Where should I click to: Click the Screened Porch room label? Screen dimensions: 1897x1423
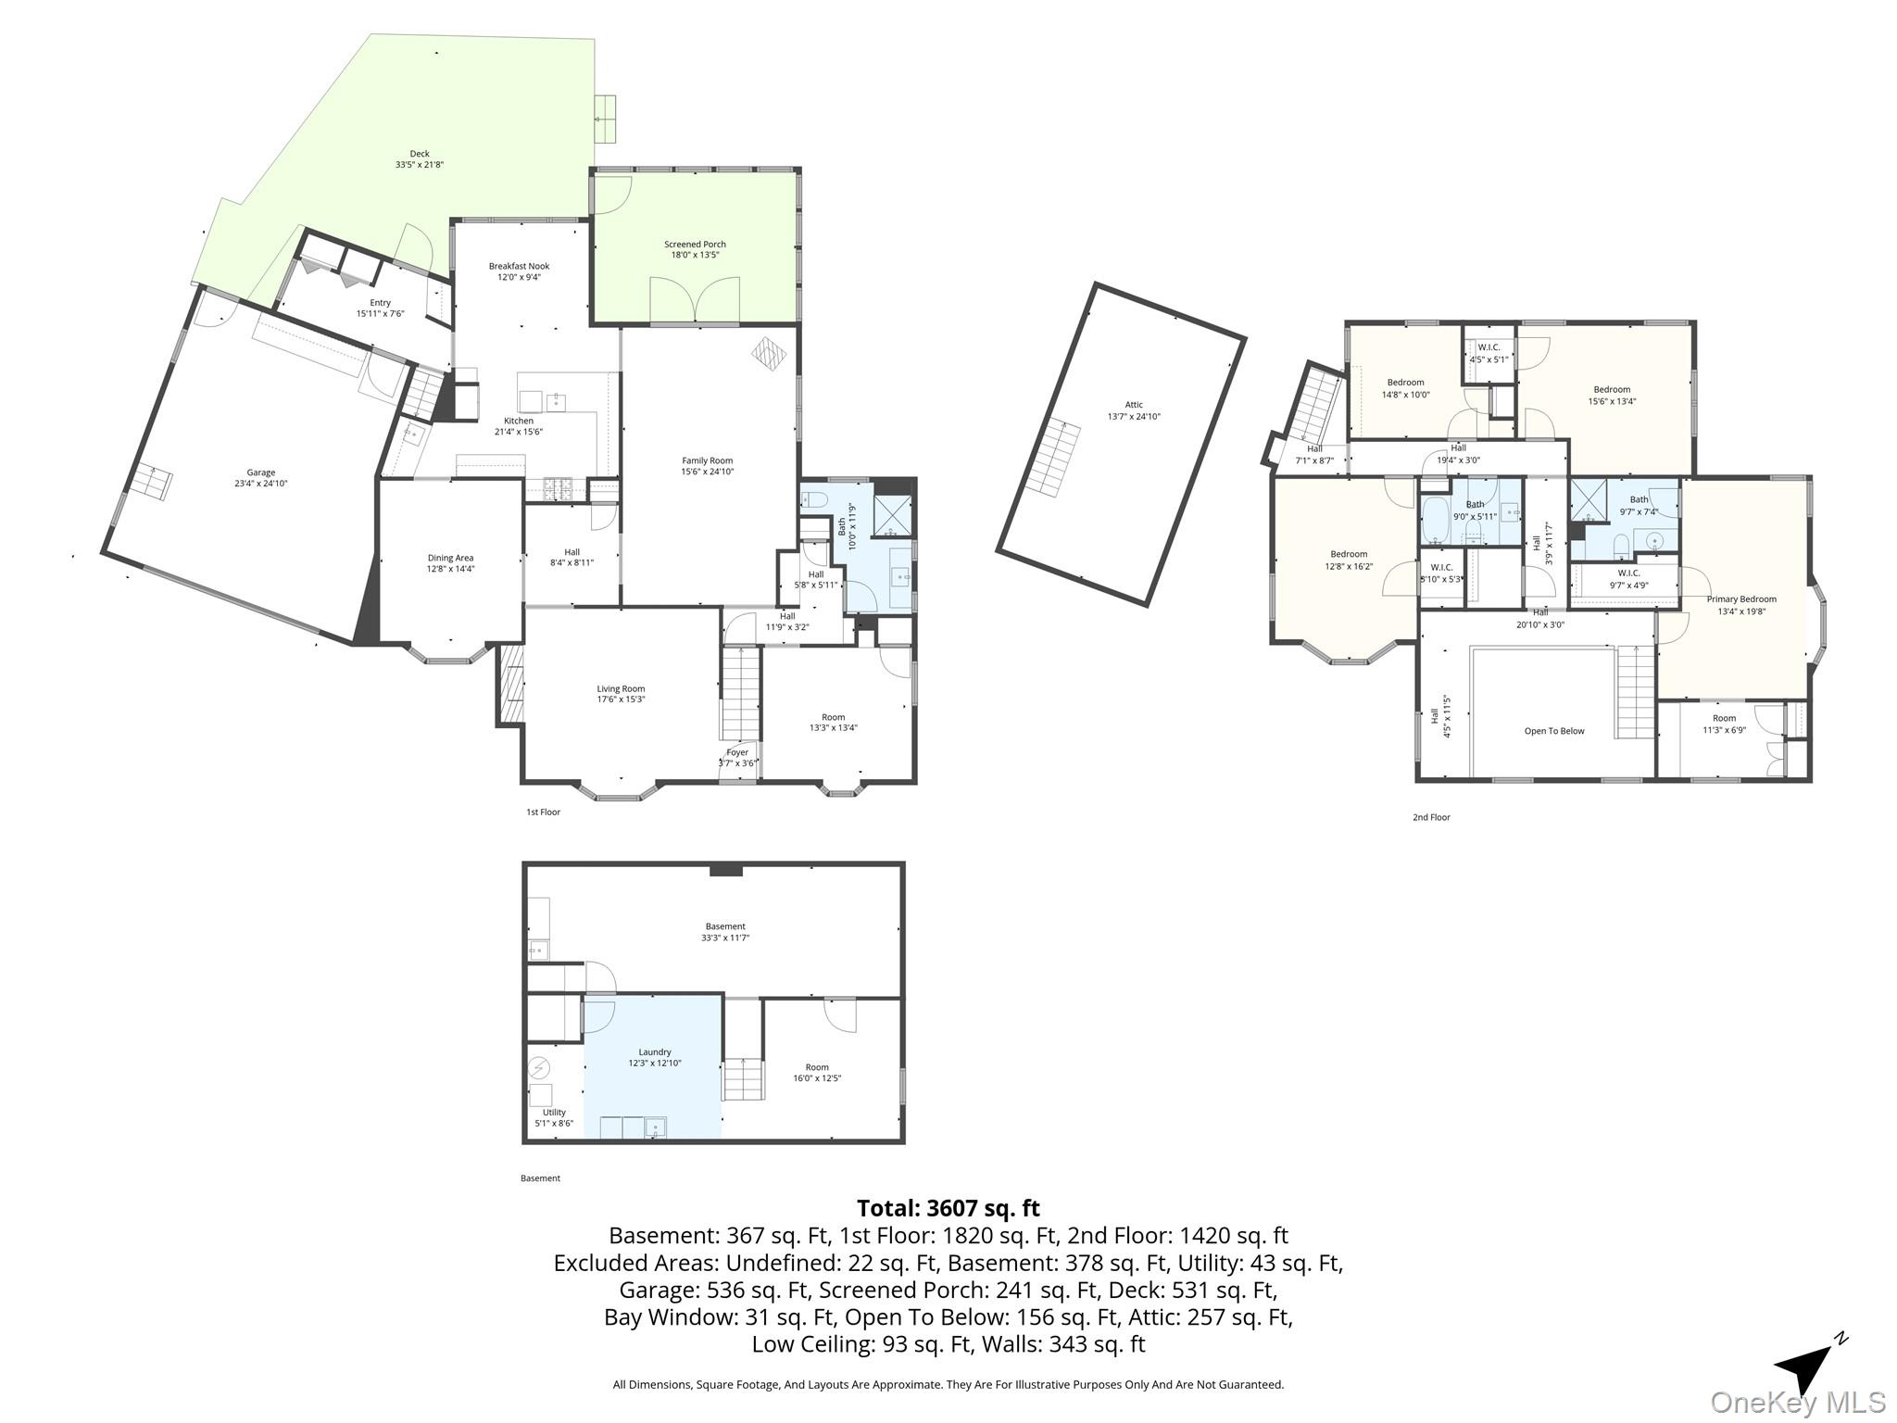coord(695,245)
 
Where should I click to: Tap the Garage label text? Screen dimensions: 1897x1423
coord(261,472)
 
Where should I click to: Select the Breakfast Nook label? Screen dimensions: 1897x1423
coord(520,267)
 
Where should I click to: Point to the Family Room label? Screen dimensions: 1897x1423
coord(708,460)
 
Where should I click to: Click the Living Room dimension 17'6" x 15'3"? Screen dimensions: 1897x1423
coord(621,699)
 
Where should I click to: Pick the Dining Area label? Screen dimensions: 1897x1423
coord(450,558)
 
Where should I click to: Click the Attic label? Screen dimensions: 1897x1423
coord(1134,405)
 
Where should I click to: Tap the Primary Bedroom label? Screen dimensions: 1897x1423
coord(1741,599)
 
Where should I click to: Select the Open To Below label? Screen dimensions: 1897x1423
coord(1554,731)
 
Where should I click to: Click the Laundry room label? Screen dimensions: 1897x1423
coord(655,1052)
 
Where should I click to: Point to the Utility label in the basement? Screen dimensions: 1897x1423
coord(554,1113)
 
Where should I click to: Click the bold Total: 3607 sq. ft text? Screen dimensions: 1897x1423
coord(948,1208)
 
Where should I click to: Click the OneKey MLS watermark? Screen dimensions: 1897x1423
coord(1798,1402)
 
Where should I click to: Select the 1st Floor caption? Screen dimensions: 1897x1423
coord(544,812)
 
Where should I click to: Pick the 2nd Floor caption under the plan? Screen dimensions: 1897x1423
coord(1431,817)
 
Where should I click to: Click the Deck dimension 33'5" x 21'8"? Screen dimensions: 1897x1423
coord(420,165)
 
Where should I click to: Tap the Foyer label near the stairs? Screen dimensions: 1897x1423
coord(737,752)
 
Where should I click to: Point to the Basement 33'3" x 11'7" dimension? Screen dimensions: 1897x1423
coord(725,938)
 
